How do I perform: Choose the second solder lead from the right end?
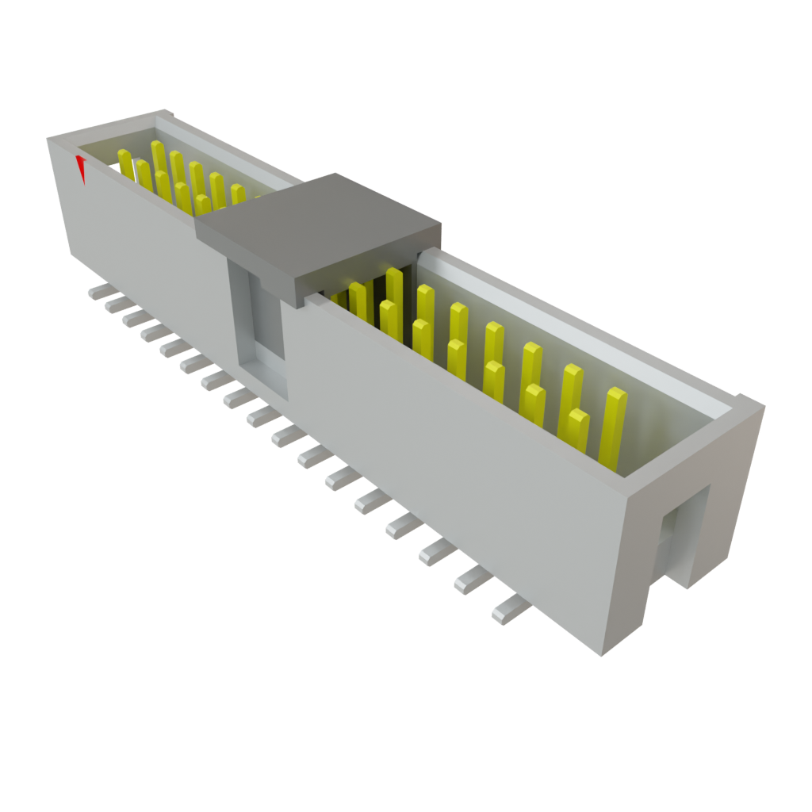click(471, 583)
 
